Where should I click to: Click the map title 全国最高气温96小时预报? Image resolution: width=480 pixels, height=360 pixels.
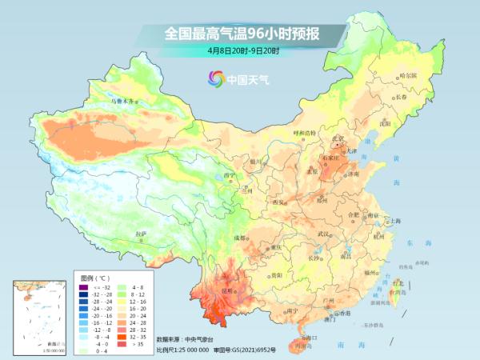240,34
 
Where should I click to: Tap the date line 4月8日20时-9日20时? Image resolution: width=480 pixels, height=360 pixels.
240,51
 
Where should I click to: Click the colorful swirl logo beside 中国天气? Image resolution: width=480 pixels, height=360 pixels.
215,79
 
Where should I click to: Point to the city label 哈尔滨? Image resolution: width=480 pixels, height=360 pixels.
408,75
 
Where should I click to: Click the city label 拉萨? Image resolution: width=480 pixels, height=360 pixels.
142,234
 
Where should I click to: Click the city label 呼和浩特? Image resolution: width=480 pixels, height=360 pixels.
304,132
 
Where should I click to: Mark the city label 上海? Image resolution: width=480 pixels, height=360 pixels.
394,220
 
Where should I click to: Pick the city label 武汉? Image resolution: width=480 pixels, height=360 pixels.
323,233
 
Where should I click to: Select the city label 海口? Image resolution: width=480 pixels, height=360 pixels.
305,339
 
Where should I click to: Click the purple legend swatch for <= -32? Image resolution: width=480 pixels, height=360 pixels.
82,286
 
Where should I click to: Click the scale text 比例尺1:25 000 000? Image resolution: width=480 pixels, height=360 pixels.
182,350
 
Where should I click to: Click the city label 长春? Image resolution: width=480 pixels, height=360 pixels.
405,97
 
